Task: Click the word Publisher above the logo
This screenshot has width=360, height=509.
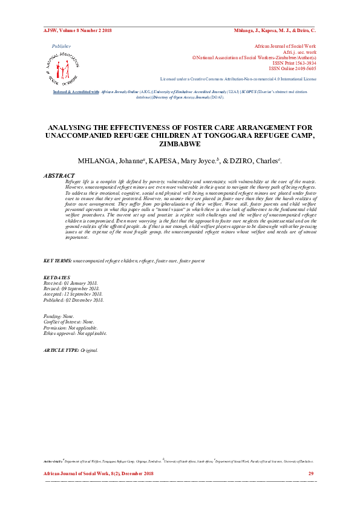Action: (x=62, y=46)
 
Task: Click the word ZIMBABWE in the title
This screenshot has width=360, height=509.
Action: (x=180, y=145)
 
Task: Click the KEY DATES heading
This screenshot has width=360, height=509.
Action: (x=57, y=277)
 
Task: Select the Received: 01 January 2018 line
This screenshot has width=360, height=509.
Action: (x=70, y=283)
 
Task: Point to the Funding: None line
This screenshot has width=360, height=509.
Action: (x=59, y=316)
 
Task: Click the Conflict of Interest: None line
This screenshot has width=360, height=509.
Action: (x=69, y=322)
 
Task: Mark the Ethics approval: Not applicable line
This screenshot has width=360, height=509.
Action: (x=75, y=333)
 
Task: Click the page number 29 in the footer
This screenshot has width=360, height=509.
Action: (x=311, y=473)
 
